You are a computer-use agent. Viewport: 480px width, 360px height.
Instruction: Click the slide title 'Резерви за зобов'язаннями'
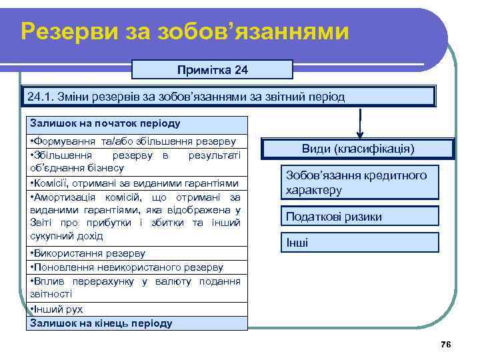click(x=185, y=31)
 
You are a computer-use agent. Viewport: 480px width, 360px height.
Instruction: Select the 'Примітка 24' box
click(x=212, y=69)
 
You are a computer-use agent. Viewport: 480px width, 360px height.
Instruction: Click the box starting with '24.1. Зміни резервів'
click(x=227, y=97)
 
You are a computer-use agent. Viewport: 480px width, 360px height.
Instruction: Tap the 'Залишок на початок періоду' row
click(x=137, y=124)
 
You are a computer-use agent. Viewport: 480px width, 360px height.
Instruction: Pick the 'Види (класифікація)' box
click(x=358, y=148)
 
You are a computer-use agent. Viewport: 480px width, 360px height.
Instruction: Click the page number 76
click(x=446, y=344)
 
